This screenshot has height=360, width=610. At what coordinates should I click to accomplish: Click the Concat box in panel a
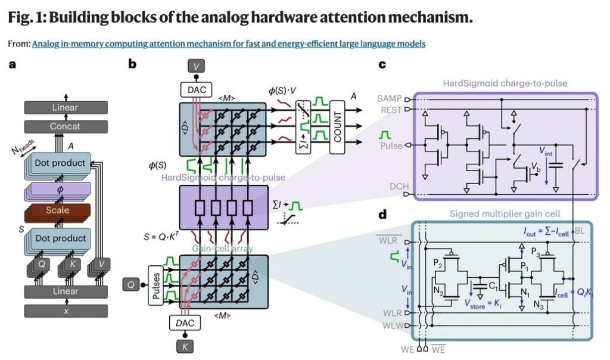tap(66, 126)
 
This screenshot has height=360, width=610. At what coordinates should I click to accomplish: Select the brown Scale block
tap(58, 210)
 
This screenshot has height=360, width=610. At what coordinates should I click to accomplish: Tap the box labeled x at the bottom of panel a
tap(66, 311)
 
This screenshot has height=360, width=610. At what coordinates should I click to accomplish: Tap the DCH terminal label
tap(397, 187)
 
